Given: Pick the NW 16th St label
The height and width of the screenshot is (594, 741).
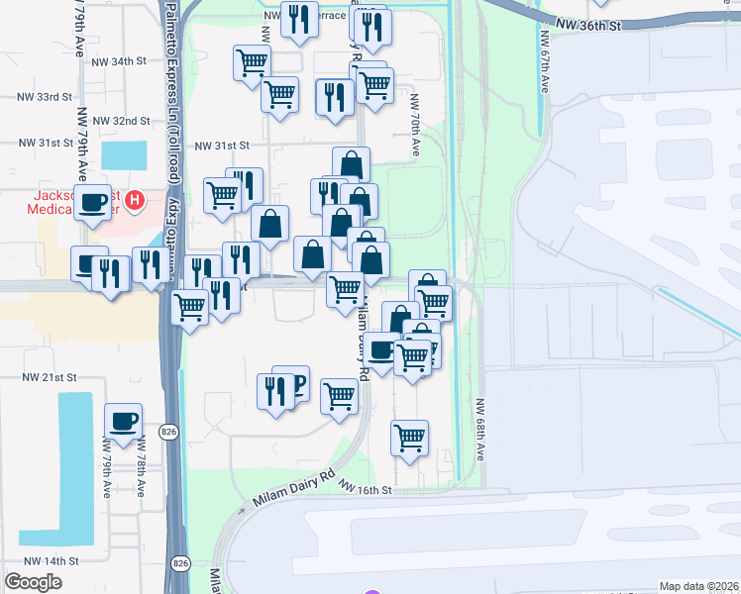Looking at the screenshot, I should [x=366, y=488].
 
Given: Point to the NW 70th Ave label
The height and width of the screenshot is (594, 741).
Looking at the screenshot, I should [x=414, y=125].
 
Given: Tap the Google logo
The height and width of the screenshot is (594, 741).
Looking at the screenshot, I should [x=34, y=582].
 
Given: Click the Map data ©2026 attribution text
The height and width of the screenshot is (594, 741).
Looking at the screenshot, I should [x=699, y=586].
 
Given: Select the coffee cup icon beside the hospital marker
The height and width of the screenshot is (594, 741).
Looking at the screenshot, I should [x=94, y=201].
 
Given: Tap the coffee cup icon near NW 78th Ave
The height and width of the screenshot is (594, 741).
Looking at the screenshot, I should [x=124, y=420].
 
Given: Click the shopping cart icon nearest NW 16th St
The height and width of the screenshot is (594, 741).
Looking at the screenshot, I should [x=409, y=435].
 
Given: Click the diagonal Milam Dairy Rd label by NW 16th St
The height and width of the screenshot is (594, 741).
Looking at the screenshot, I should [x=294, y=488].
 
